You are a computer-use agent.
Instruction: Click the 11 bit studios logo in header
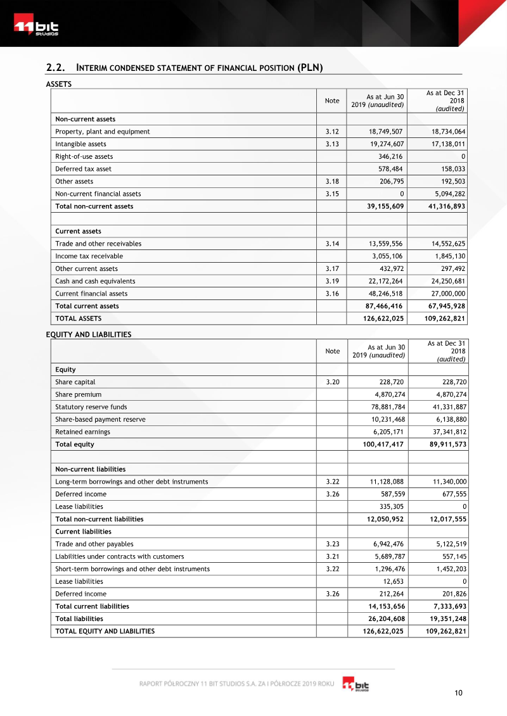(37, 28)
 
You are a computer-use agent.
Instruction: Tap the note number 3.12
(332, 132)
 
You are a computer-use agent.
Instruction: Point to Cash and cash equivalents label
(95, 281)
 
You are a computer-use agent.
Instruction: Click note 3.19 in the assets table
(332, 281)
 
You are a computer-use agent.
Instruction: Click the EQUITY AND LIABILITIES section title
(89, 335)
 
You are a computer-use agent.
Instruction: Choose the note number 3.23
(332, 544)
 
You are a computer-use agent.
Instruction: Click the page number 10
(458, 693)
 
